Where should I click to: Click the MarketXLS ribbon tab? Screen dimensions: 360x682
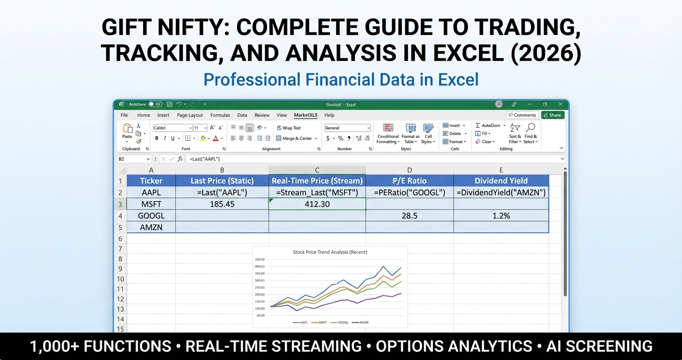pyautogui.click(x=306, y=115)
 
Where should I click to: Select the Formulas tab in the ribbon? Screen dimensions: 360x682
pyautogui.click(x=220, y=115)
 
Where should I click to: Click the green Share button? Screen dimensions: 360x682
pyautogui.click(x=553, y=115)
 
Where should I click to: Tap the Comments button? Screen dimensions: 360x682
pyautogui.click(x=522, y=115)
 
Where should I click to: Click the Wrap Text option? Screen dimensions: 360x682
pyautogui.click(x=289, y=128)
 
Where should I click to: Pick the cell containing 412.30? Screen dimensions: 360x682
pyautogui.click(x=317, y=204)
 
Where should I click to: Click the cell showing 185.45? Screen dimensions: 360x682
pyautogui.click(x=222, y=204)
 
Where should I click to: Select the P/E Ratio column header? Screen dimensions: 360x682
pyautogui.click(x=409, y=180)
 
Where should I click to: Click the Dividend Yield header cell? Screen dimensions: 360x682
pyautogui.click(x=500, y=180)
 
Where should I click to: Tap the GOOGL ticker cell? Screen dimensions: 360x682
pyautogui.click(x=151, y=216)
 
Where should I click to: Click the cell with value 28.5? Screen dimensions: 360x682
pyautogui.click(x=409, y=216)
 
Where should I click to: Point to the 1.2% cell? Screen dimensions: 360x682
pyautogui.click(x=500, y=216)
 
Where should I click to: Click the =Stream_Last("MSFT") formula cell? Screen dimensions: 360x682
pyautogui.click(x=317, y=192)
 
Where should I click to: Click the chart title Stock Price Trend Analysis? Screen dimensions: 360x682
pyautogui.click(x=330, y=252)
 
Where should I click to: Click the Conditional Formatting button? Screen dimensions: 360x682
pyautogui.click(x=388, y=133)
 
